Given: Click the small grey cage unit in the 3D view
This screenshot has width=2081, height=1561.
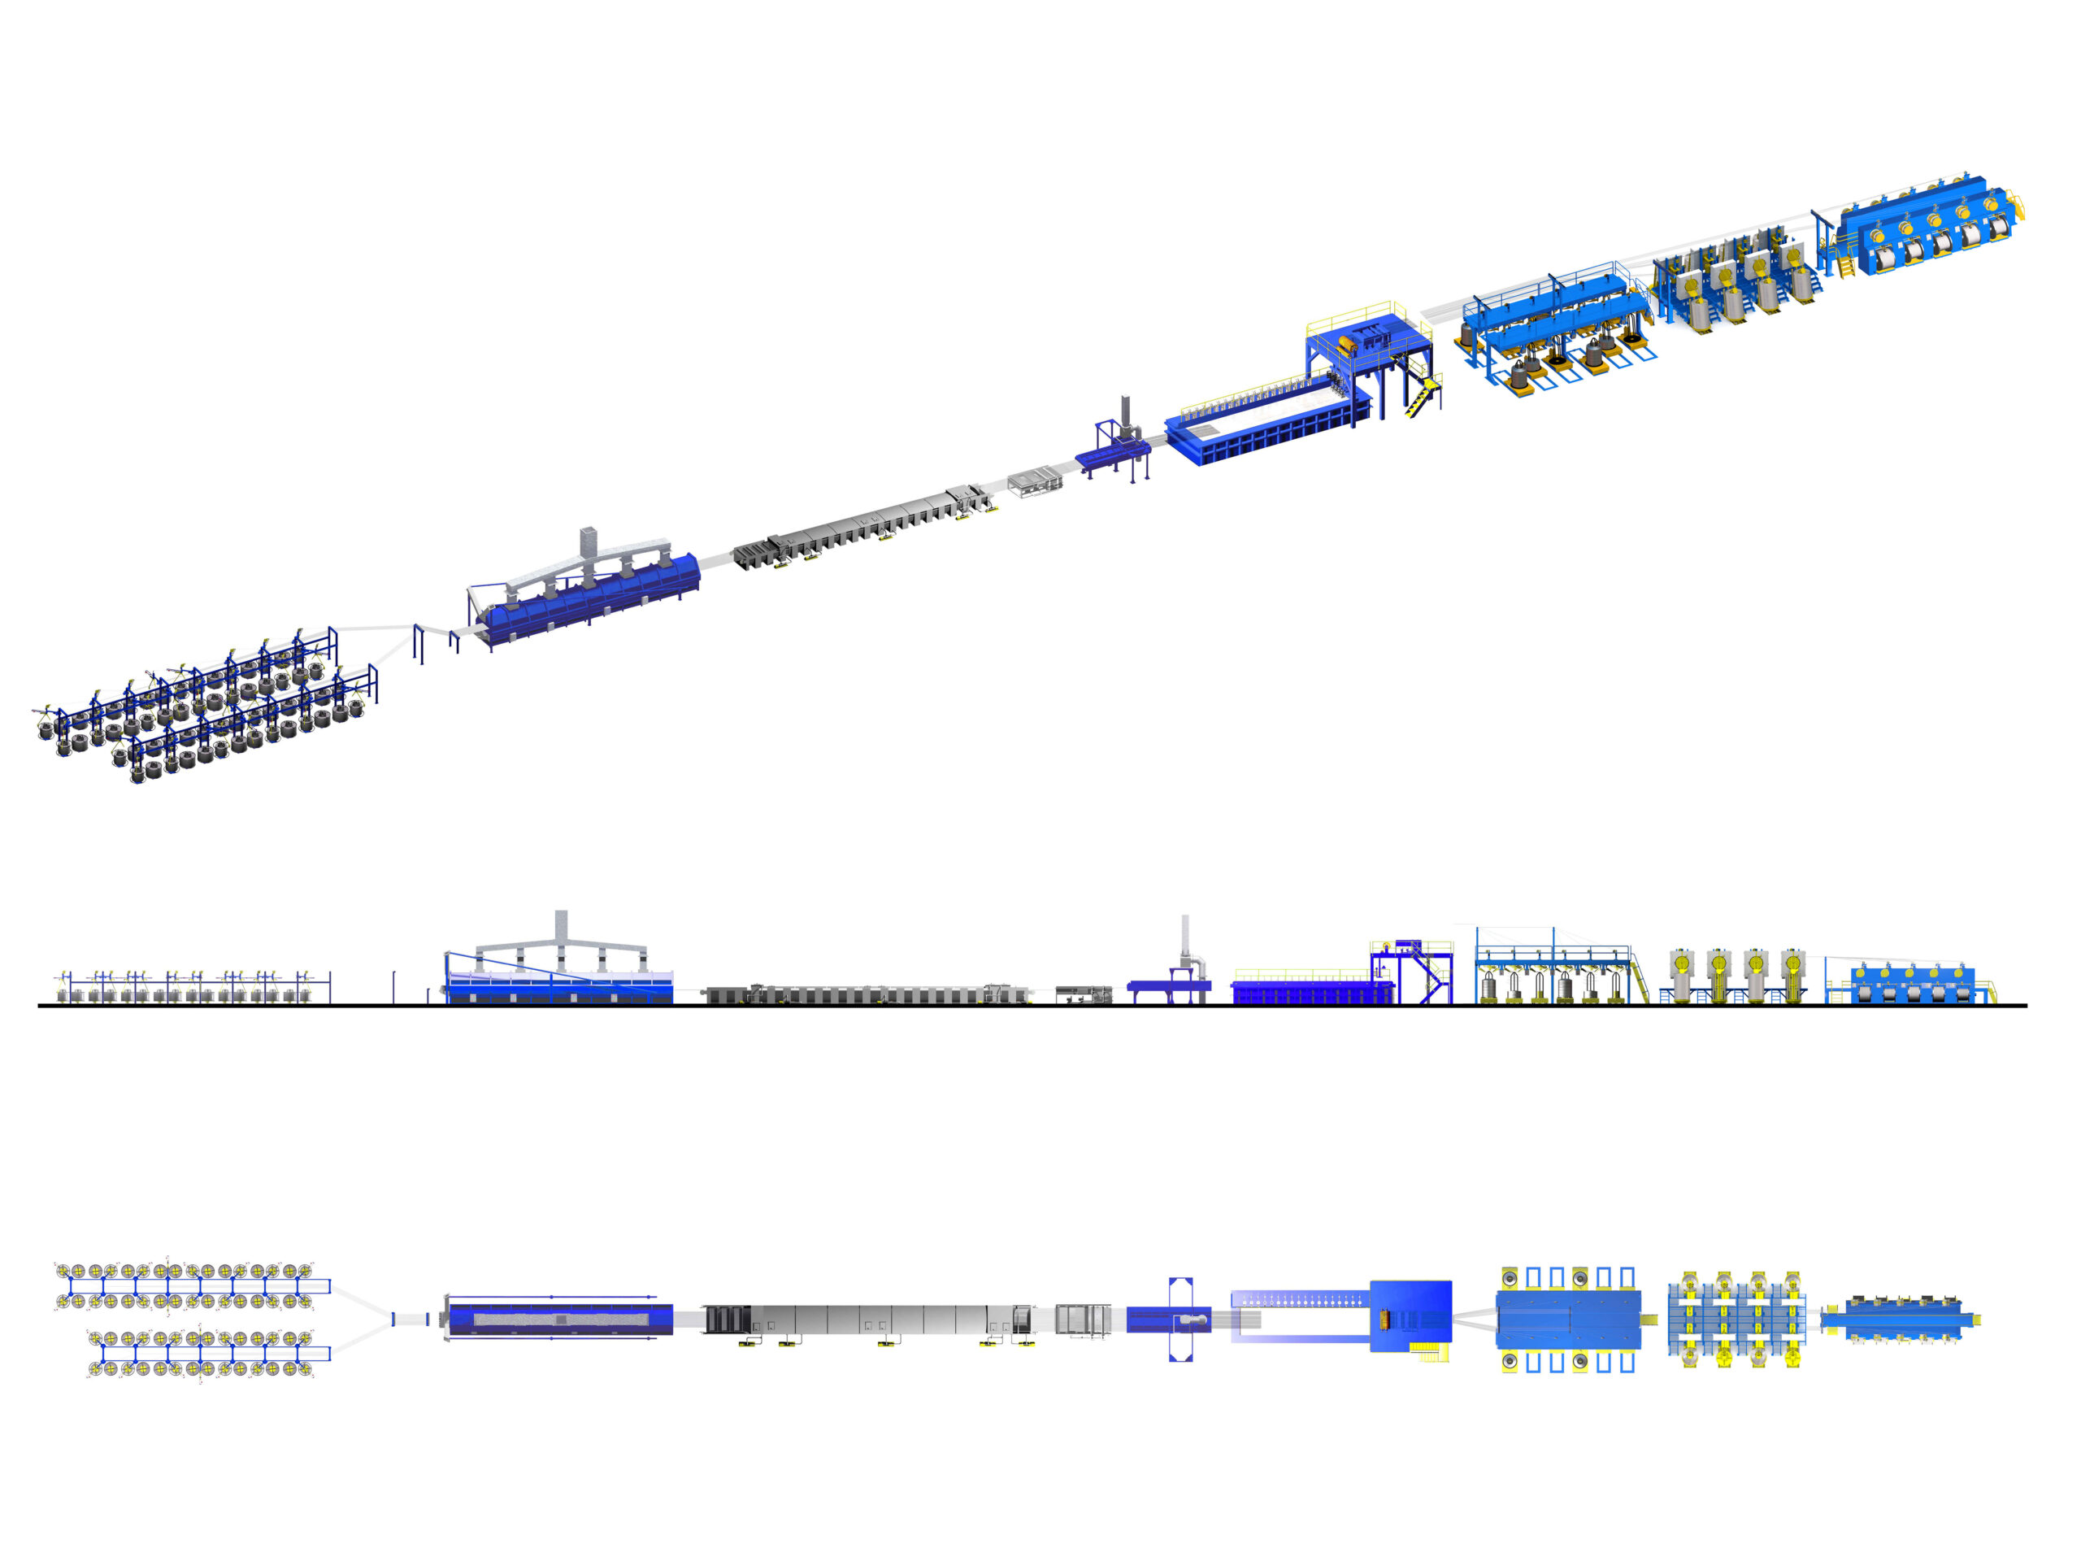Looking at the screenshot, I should [x=1035, y=483].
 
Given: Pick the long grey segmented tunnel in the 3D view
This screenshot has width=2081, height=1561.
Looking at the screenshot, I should [x=861, y=527].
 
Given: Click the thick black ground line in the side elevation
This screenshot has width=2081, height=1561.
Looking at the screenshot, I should [x=1035, y=1006].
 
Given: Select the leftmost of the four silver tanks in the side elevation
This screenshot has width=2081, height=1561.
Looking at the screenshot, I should [x=1680, y=969].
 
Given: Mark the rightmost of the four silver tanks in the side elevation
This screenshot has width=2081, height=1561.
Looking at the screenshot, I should [x=1792, y=969].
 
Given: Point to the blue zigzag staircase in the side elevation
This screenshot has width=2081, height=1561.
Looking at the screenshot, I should [x=1433, y=979].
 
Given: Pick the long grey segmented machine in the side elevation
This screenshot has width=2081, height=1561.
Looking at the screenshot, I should [x=866, y=994].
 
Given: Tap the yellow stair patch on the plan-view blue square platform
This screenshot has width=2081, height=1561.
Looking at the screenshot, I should [x=1431, y=1352].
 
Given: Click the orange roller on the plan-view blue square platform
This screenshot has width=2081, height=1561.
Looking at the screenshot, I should [x=1384, y=1318].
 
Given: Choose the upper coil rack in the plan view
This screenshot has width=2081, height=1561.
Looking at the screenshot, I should [x=188, y=1285].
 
